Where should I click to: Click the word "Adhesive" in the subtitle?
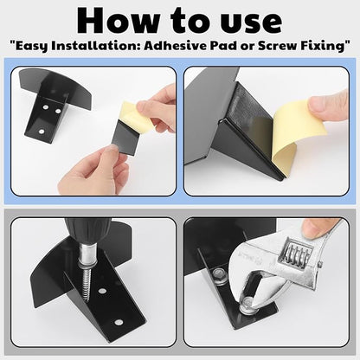(176, 45)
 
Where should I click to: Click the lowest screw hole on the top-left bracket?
(42, 132)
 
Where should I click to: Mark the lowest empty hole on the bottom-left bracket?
(118, 321)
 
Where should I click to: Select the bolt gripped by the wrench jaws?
(248, 303)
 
